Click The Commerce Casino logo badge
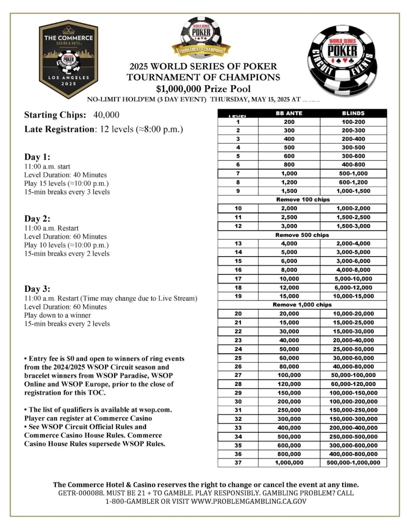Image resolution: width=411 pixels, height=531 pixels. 69,59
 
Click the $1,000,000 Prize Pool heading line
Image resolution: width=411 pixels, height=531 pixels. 203,89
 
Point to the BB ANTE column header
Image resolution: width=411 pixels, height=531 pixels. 289,113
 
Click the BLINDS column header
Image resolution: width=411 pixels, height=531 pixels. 353,113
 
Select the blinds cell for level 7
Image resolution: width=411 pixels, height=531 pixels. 353,174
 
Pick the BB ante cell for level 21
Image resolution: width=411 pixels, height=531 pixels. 289,323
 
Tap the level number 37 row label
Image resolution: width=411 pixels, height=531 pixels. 238,462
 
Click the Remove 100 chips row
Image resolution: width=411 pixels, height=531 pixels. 303,200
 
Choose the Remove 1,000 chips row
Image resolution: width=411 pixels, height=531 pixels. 302,305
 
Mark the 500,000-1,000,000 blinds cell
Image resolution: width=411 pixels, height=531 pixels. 353,462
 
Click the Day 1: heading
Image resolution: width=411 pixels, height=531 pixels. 37,157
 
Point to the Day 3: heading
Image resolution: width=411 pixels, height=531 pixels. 37,289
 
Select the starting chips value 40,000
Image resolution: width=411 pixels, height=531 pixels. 106,115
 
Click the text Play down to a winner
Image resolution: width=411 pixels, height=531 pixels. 57,315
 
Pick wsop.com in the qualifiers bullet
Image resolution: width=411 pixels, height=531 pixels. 155,410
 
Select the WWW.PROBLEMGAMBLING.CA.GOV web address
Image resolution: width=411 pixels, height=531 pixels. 248,501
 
